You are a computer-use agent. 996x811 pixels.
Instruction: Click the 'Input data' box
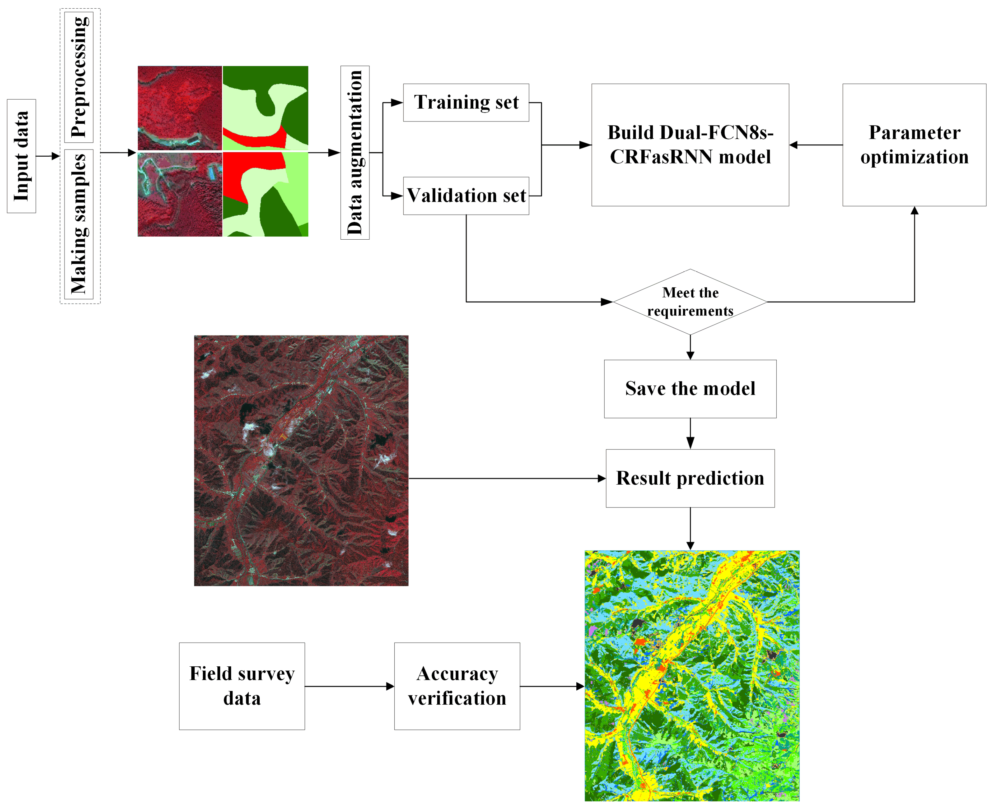tap(21, 156)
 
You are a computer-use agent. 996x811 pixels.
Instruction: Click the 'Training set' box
tap(466, 102)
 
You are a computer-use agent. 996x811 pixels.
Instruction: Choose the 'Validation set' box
tap(466, 195)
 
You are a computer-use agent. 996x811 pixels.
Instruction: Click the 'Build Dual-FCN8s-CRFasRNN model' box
tap(690, 145)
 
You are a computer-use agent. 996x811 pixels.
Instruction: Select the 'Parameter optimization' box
tap(914, 145)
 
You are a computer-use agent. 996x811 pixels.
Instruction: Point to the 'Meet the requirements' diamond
tap(690, 302)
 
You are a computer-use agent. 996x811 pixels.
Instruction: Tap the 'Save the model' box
tap(690, 389)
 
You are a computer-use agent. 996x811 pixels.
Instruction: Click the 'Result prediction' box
tap(690, 478)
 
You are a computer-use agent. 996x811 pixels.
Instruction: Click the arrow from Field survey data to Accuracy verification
tap(349, 686)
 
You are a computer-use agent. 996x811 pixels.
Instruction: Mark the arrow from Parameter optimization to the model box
tap(816, 145)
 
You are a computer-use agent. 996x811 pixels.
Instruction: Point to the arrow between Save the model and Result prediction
tap(690, 434)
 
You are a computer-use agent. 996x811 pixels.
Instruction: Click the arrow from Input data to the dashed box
tap(48, 156)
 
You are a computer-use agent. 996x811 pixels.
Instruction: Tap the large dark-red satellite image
tap(301, 460)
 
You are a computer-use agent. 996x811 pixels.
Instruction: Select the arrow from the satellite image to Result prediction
tap(507, 478)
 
